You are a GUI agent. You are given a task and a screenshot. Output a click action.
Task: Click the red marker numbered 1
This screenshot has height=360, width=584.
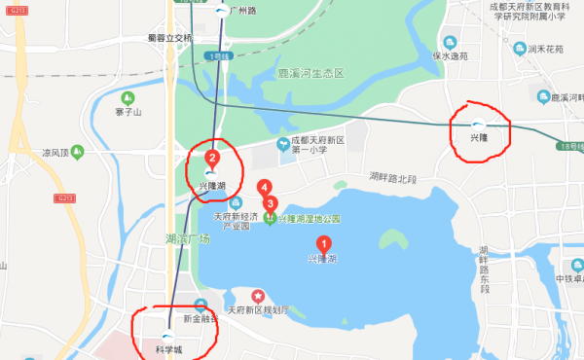coord(323,244)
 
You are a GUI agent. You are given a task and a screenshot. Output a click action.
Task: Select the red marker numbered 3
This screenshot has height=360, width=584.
coord(271,204)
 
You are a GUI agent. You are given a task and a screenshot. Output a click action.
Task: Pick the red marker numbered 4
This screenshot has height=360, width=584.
coord(263,188)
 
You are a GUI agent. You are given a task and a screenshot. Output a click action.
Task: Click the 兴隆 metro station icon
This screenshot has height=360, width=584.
coord(478,124)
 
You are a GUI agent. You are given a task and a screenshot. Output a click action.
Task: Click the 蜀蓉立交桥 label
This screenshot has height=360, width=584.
coord(165,38)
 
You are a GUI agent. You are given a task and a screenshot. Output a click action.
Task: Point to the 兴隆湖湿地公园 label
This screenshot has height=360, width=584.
coord(309,219)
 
